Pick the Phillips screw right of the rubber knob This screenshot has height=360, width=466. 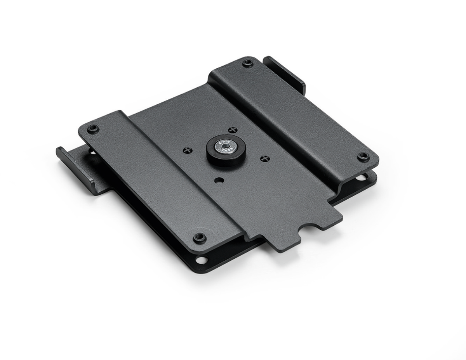tap(265, 158)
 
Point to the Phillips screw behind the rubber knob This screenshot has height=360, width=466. tap(232, 130)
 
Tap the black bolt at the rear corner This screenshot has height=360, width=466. tap(247, 63)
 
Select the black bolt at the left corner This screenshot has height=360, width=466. tap(92, 128)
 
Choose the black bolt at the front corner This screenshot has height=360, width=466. tap(200, 237)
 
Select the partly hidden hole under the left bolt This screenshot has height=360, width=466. tap(94, 152)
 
